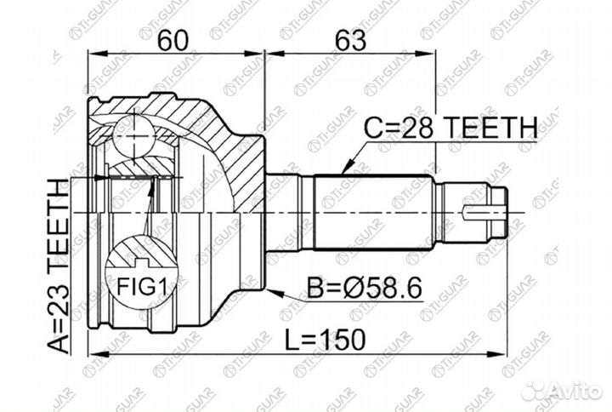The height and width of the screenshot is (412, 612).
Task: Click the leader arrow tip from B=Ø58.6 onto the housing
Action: point(270,288)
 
